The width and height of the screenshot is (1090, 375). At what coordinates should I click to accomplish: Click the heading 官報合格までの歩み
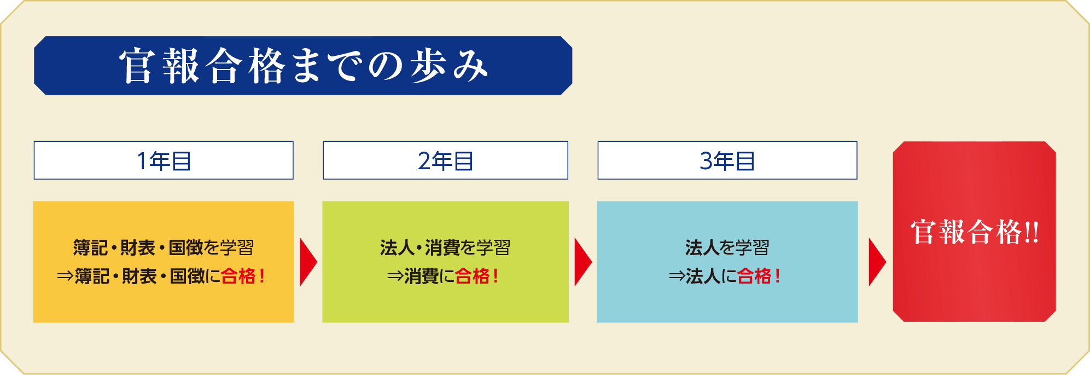[x=304, y=66]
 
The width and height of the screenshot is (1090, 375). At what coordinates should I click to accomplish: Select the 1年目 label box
[x=164, y=160]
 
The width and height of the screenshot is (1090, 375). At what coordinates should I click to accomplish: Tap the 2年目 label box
[x=445, y=160]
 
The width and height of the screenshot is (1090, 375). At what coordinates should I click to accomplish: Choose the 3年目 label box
[x=727, y=160]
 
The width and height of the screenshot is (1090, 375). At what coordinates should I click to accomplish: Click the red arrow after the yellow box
[x=308, y=262]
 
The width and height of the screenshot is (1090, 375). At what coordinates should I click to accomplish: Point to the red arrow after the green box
[x=582, y=262]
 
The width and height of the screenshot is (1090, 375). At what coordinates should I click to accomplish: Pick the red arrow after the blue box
[x=877, y=262]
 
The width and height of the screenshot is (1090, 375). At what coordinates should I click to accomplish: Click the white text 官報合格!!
[x=975, y=232]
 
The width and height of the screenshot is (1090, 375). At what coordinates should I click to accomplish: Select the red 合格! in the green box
[x=477, y=276]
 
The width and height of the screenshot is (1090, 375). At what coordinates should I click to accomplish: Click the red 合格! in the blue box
[x=759, y=276]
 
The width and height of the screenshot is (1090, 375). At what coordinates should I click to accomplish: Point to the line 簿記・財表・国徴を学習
[x=164, y=247]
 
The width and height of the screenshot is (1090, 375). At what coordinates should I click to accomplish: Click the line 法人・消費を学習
[x=445, y=247]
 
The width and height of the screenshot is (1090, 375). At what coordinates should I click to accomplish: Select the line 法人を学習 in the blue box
[x=727, y=247]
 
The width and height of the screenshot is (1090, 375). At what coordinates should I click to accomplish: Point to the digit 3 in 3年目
[x=706, y=161]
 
